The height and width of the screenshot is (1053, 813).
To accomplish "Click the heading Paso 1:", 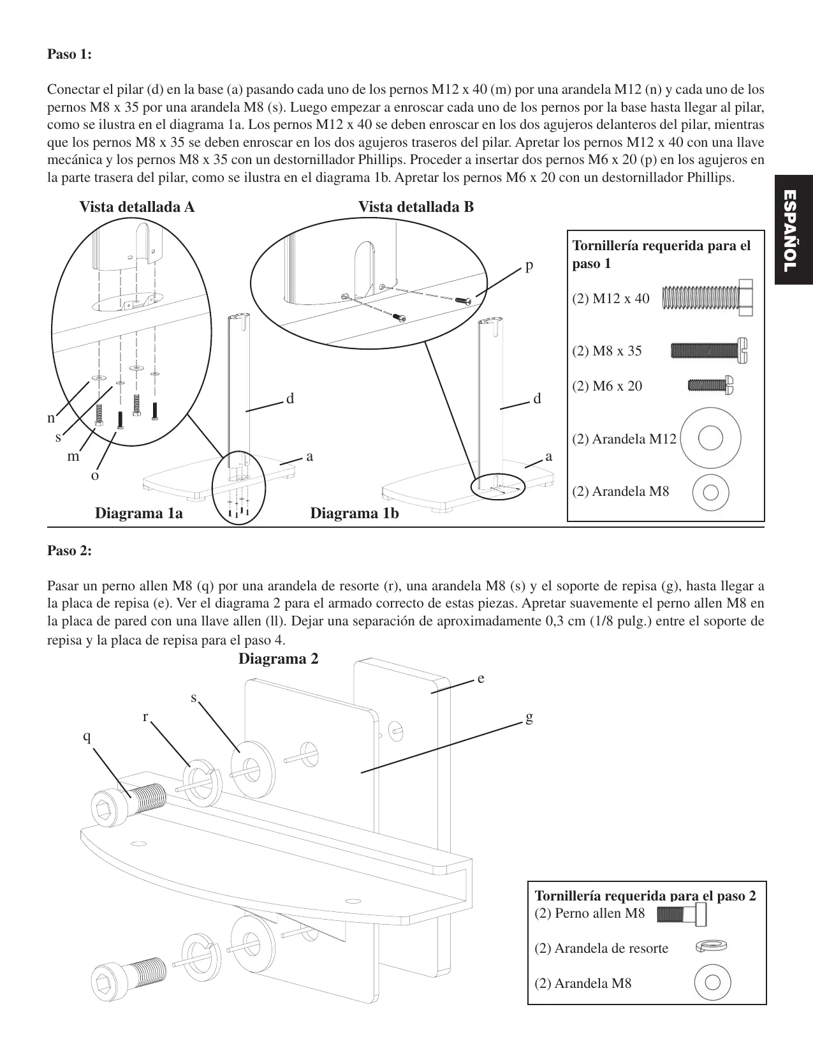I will [x=70, y=54].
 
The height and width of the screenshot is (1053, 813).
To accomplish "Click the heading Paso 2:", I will [x=70, y=550].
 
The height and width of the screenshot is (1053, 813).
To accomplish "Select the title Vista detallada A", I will [x=136, y=207].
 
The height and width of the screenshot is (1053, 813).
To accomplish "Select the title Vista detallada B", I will [x=416, y=207].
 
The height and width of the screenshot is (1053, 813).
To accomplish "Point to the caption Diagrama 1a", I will [x=138, y=513].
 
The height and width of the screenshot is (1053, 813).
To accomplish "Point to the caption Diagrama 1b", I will [x=354, y=513].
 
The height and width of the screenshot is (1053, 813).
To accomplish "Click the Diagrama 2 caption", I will [x=278, y=659].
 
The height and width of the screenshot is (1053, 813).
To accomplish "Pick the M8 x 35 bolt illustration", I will [x=709, y=350].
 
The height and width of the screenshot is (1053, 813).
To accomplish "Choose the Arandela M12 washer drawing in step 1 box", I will [x=710, y=438].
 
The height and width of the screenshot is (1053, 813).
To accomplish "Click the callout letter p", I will [x=529, y=264].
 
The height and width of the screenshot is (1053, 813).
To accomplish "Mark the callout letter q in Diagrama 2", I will [x=87, y=736].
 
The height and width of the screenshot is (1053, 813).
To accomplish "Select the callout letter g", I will [x=529, y=717].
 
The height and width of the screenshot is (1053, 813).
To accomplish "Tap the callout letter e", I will [x=481, y=678].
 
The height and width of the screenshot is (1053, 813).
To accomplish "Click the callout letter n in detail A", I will [x=52, y=418].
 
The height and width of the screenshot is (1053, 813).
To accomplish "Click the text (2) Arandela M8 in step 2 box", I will [x=583, y=983].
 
